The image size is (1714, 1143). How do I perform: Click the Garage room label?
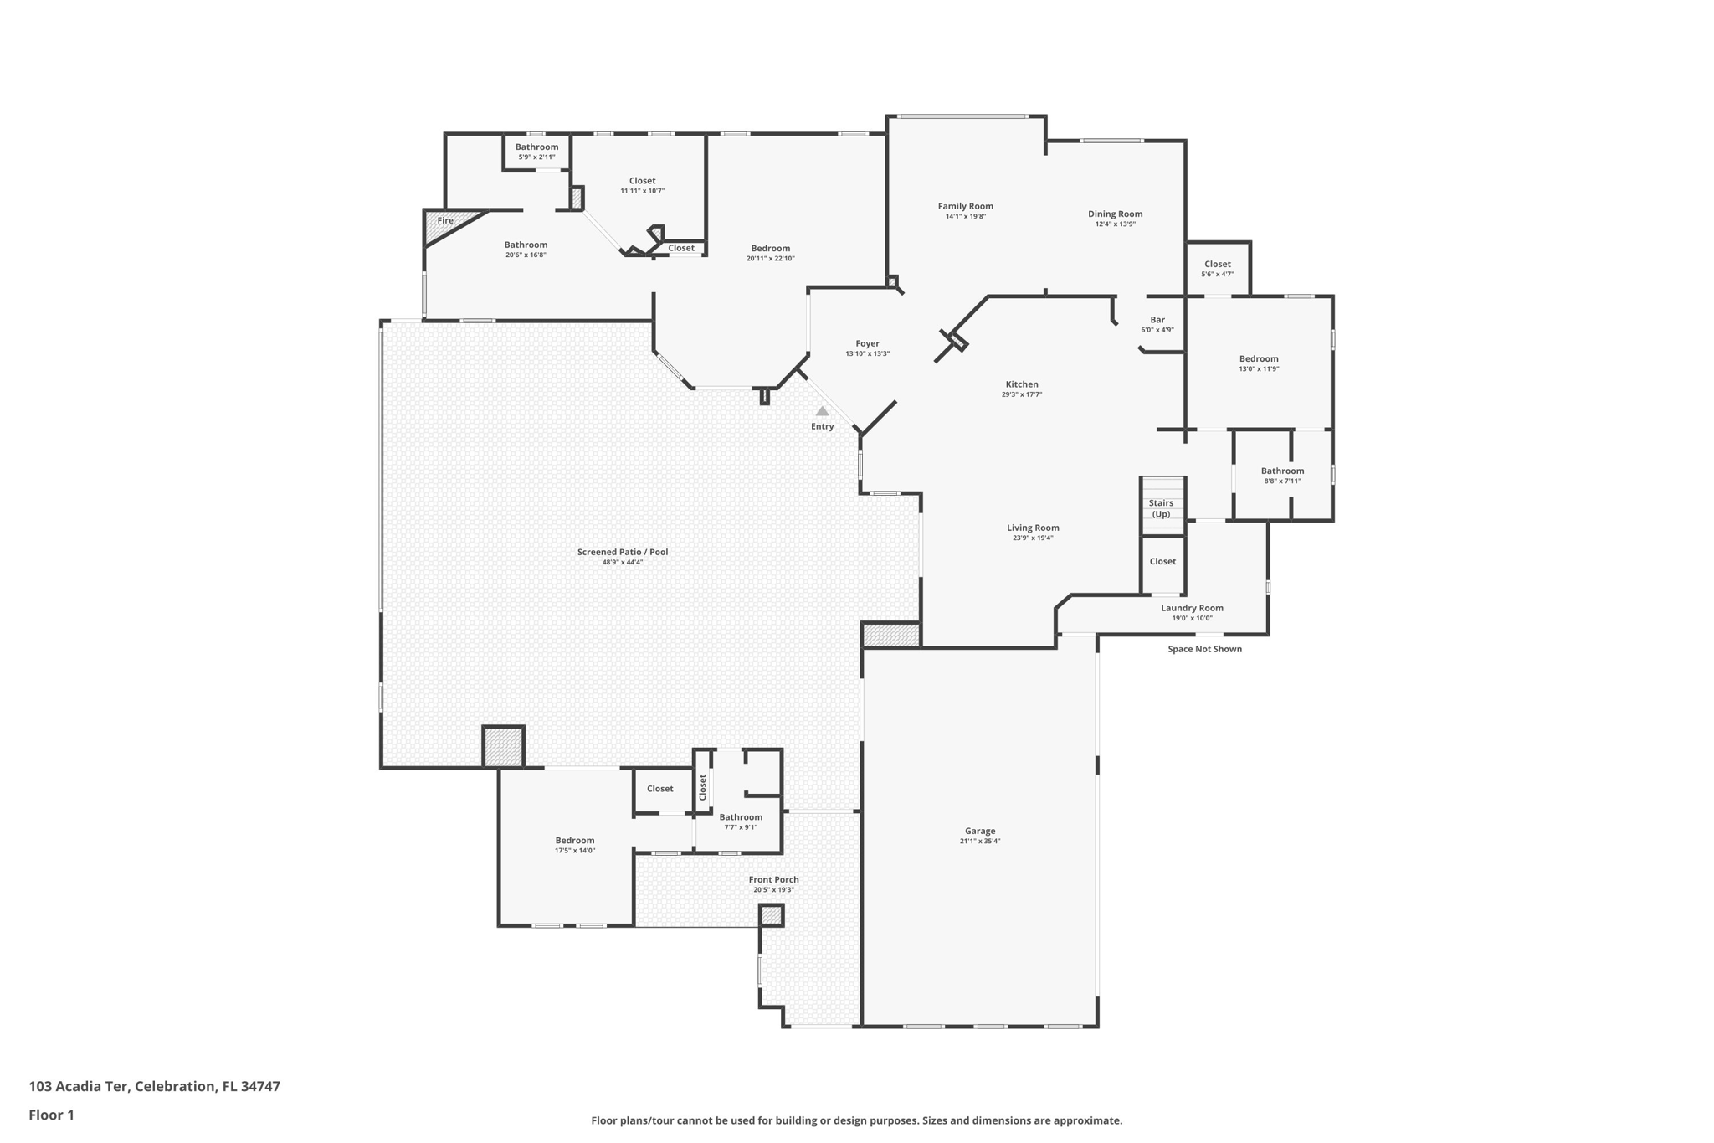tap(979, 831)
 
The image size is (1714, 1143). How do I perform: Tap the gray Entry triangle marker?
tap(822, 411)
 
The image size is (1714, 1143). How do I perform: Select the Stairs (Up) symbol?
tap(1162, 506)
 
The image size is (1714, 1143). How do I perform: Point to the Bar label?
tap(1157, 320)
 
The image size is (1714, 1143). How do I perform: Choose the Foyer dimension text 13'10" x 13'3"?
tap(867, 354)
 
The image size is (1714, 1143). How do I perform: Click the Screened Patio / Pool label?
tap(622, 552)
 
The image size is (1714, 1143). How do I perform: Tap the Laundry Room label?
tap(1192, 608)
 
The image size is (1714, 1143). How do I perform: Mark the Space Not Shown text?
tap(1204, 649)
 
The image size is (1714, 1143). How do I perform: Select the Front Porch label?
tap(773, 879)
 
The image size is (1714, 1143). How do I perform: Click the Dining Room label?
tap(1115, 214)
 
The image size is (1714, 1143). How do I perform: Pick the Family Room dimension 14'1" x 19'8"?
tap(965, 217)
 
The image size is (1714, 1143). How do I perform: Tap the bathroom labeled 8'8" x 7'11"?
tap(1282, 475)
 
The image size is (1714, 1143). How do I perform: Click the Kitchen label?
tap(1021, 384)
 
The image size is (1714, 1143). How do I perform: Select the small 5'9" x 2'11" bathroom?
tap(536, 152)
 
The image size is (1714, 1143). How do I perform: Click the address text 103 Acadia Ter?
tap(80, 1086)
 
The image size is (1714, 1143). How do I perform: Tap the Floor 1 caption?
tap(51, 1115)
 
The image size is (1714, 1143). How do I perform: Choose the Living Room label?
tap(1033, 528)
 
